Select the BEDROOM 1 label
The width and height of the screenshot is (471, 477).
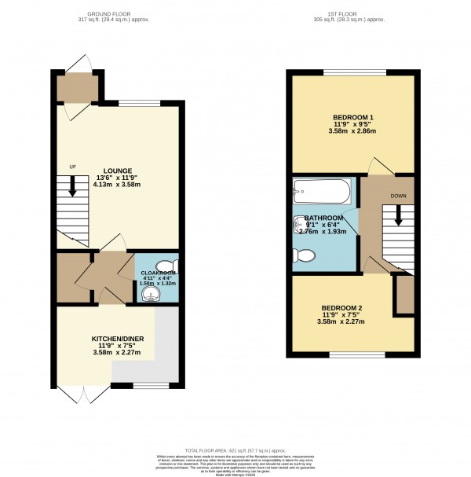tap(352, 118)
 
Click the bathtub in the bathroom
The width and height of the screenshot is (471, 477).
tap(322, 190)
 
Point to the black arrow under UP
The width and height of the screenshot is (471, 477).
tap(72, 186)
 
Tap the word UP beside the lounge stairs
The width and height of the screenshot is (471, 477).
tap(73, 167)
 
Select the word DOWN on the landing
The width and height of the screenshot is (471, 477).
tap(399, 196)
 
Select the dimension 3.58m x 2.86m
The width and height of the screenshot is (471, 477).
tap(352, 131)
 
